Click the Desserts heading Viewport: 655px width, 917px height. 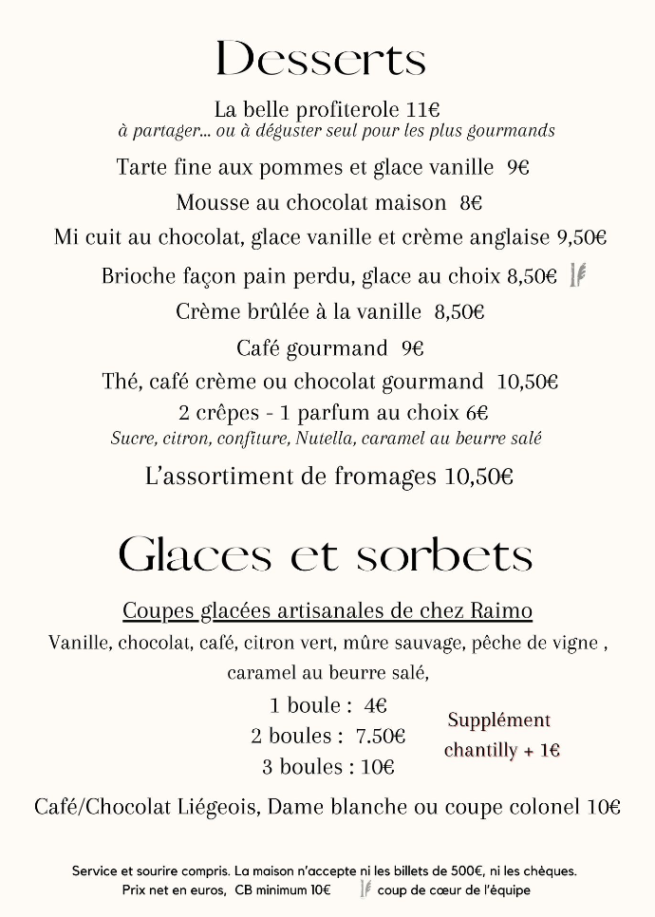(x=321, y=59)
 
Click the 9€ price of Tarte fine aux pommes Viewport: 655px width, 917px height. (x=517, y=168)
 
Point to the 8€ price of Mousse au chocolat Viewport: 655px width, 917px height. (x=471, y=203)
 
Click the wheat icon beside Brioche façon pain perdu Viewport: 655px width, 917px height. (x=577, y=275)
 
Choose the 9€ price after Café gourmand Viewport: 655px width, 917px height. (x=412, y=348)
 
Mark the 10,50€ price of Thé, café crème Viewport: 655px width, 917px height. (x=527, y=383)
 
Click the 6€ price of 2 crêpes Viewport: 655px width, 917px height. (x=477, y=414)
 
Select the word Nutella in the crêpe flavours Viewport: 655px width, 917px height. (x=323, y=439)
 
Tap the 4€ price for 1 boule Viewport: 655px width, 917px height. (x=375, y=706)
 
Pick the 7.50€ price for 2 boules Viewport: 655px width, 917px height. (x=380, y=737)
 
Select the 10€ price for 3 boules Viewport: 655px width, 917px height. (x=377, y=767)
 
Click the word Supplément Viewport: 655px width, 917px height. (x=498, y=720)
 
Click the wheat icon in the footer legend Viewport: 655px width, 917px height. (x=365, y=889)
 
